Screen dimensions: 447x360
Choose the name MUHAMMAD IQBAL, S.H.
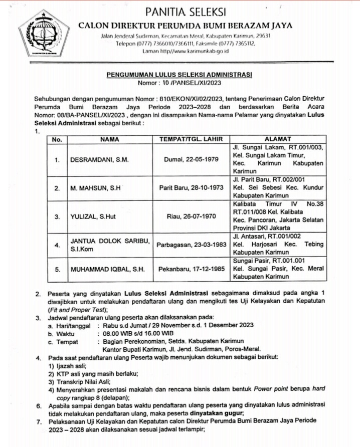coord(107,270)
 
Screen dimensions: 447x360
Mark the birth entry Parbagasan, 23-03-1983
coord(191,245)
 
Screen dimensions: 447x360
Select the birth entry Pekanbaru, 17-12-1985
coord(191,270)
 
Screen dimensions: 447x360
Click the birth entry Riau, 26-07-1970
coord(191,216)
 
